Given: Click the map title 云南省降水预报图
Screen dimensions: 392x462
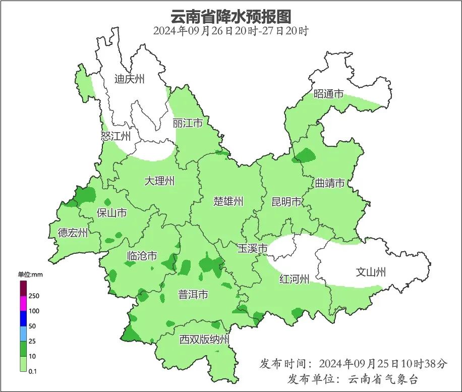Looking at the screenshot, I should (230, 16).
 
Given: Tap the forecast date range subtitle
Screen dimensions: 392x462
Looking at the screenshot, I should (230, 31).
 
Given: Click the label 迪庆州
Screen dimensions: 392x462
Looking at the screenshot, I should (129, 79).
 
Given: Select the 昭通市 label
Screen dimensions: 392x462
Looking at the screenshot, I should (328, 94).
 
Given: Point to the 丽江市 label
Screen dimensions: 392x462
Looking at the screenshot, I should (188, 123).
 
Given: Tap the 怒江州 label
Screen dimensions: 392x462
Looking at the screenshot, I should (115, 136).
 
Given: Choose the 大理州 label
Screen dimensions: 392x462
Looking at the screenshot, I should (159, 181).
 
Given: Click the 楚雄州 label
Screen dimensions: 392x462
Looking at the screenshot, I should (228, 202).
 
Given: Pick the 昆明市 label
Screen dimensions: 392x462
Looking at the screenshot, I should (286, 202).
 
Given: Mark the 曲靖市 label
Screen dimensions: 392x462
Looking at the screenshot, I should (330, 183).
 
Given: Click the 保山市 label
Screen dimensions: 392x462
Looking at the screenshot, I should (111, 213).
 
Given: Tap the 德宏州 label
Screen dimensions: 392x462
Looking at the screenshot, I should (73, 233).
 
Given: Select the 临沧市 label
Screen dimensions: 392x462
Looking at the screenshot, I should (142, 256).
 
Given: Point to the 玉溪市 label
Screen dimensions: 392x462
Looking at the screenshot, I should (253, 248).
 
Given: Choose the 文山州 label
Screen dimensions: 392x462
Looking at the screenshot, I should (371, 272).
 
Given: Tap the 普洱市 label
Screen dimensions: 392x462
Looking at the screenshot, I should (193, 295).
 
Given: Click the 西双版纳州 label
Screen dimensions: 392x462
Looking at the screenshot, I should (204, 340).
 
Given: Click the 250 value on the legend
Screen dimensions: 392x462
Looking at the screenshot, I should (34, 296).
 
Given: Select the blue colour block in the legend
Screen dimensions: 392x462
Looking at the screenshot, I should (23, 319).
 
